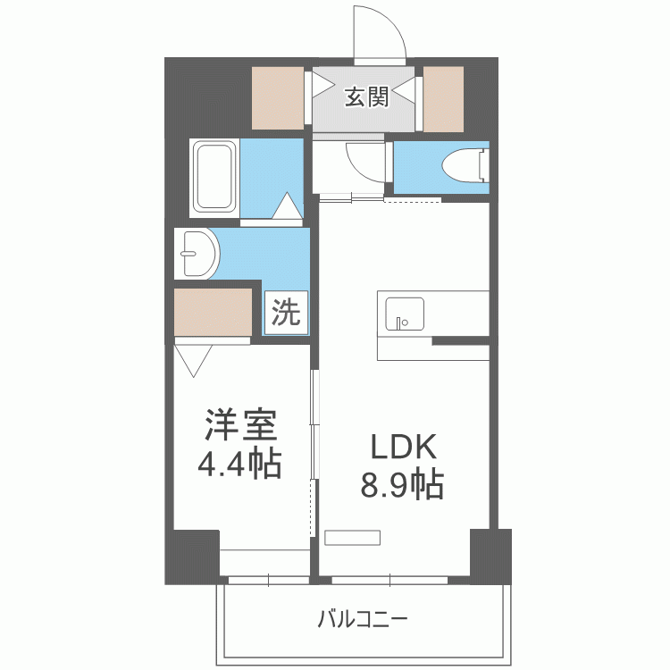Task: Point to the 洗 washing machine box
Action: [x=285, y=313]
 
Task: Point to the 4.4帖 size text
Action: [x=239, y=464]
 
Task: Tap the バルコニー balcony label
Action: [x=363, y=619]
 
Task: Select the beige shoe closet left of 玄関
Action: [x=278, y=96]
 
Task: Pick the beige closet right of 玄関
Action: [x=443, y=96]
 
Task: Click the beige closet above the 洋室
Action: [x=213, y=312]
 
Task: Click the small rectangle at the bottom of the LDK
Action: [x=353, y=537]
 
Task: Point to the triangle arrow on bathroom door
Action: [x=287, y=206]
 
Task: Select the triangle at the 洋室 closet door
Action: [x=194, y=360]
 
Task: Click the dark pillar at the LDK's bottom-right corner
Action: [x=490, y=554]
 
